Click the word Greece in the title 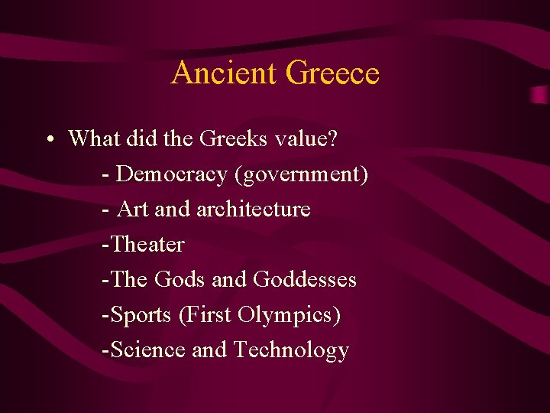(332, 73)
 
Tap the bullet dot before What (48, 140)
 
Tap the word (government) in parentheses (302, 174)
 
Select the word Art (133, 209)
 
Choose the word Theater (148, 244)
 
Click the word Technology (291, 350)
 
